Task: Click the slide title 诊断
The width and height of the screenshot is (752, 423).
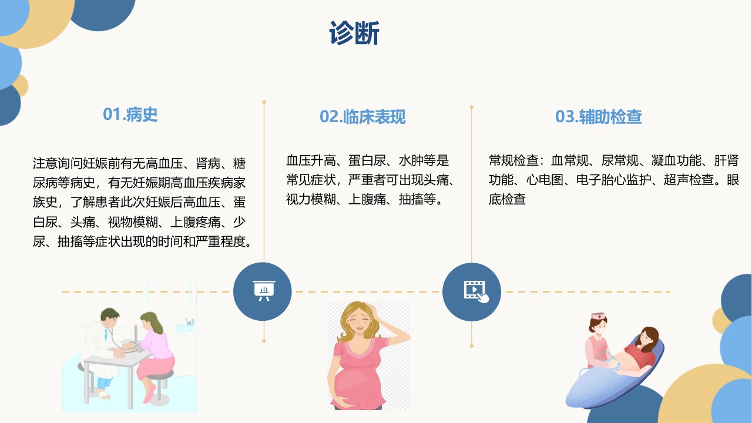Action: click(x=354, y=33)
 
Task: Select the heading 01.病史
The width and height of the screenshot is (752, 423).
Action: click(x=130, y=114)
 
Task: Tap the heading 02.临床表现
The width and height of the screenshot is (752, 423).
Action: click(x=362, y=116)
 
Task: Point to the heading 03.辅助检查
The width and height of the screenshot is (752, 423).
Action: click(x=598, y=116)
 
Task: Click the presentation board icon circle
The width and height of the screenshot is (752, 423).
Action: click(x=263, y=291)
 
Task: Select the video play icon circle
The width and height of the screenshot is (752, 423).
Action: click(x=472, y=292)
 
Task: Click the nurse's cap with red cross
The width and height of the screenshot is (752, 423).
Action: click(x=599, y=316)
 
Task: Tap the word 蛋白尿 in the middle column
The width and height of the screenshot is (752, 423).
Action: click(x=367, y=160)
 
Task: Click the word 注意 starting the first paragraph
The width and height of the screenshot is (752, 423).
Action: click(x=45, y=163)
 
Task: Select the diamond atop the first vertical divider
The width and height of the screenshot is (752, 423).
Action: click(x=264, y=102)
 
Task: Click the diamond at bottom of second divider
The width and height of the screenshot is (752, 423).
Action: click(x=472, y=346)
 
